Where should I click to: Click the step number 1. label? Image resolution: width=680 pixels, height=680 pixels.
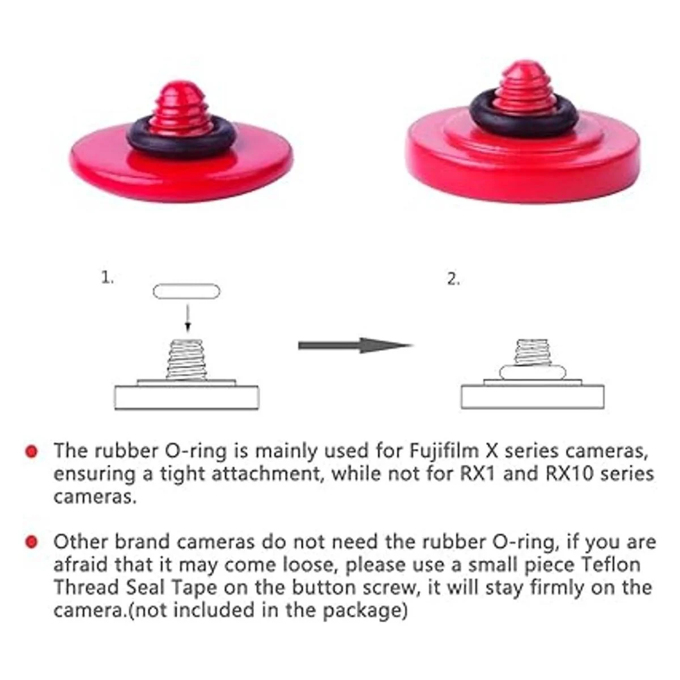pos(107,278)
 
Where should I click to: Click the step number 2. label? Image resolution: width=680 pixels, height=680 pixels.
pos(453,279)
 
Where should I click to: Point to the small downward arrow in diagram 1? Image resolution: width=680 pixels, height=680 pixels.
pos(188,318)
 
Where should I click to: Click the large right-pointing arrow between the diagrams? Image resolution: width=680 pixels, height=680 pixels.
pos(356,346)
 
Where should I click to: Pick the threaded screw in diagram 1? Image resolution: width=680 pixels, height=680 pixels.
pos(186,360)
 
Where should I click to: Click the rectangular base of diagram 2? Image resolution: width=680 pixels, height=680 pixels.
pos(533,397)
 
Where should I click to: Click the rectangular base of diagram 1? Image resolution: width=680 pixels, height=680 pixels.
pos(186,398)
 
